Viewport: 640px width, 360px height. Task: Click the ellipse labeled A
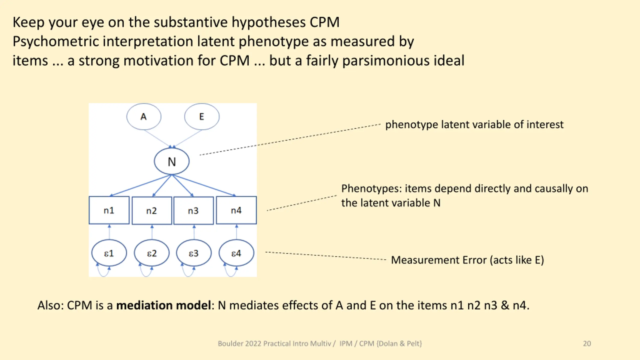(144, 117)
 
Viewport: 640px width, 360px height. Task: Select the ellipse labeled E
(202, 117)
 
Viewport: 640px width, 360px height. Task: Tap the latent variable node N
(172, 161)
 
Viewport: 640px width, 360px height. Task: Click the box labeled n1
(109, 210)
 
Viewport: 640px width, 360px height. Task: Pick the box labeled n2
(152, 211)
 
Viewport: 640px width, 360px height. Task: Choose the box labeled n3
(193, 211)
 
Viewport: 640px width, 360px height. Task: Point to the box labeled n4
(236, 210)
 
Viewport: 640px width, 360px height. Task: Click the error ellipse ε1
(109, 253)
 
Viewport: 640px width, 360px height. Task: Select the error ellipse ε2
(152, 253)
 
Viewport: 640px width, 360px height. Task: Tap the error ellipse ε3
(194, 253)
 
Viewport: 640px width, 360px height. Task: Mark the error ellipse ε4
(236, 253)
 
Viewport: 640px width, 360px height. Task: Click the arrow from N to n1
(140, 185)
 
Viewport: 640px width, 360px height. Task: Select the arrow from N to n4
(204, 185)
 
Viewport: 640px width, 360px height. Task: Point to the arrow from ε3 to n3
(194, 232)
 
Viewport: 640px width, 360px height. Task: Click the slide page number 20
(587, 343)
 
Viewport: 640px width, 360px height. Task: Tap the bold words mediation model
(164, 305)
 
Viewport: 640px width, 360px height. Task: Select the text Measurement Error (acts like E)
(467, 260)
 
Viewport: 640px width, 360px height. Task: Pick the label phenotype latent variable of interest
(474, 124)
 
